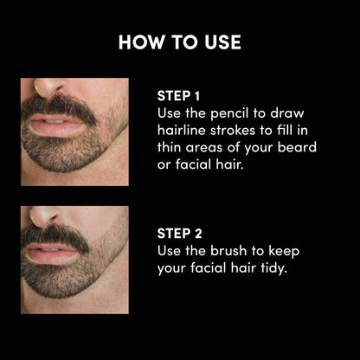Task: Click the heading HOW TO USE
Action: pyautogui.click(x=180, y=42)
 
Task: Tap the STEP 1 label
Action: pyautogui.click(x=178, y=96)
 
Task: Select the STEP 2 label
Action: pyautogui.click(x=179, y=234)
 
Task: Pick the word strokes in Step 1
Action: pyautogui.click(x=233, y=130)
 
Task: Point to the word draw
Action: pyautogui.click(x=287, y=113)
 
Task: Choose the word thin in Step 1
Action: pyautogui.click(x=169, y=147)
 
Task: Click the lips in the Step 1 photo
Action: pyautogui.click(x=55, y=125)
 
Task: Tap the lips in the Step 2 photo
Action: pyautogui.click(x=51, y=253)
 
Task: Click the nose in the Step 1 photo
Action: pyautogui.click(x=48, y=85)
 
